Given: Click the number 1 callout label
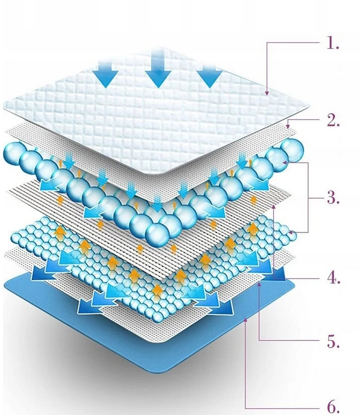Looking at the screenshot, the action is coord(333,43).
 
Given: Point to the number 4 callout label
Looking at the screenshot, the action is coord(334,278).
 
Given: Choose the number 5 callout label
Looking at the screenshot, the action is coord(334,342).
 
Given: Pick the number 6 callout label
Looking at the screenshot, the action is coord(334,406).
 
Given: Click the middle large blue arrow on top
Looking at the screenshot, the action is coord(158,68).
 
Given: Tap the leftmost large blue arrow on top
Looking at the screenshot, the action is coord(105,72).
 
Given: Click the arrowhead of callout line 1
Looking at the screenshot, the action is coord(267,93).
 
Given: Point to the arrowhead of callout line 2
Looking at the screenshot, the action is coord(288,126).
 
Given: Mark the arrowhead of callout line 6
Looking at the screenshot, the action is coord(246,320).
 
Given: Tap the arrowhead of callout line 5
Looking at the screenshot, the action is coord(259,284).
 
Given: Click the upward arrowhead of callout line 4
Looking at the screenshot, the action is coord(275,208).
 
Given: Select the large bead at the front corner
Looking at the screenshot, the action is coord(157,234).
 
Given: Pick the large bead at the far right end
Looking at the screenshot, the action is coord(292,150).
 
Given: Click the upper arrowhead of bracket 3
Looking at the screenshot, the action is coord(285,162).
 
